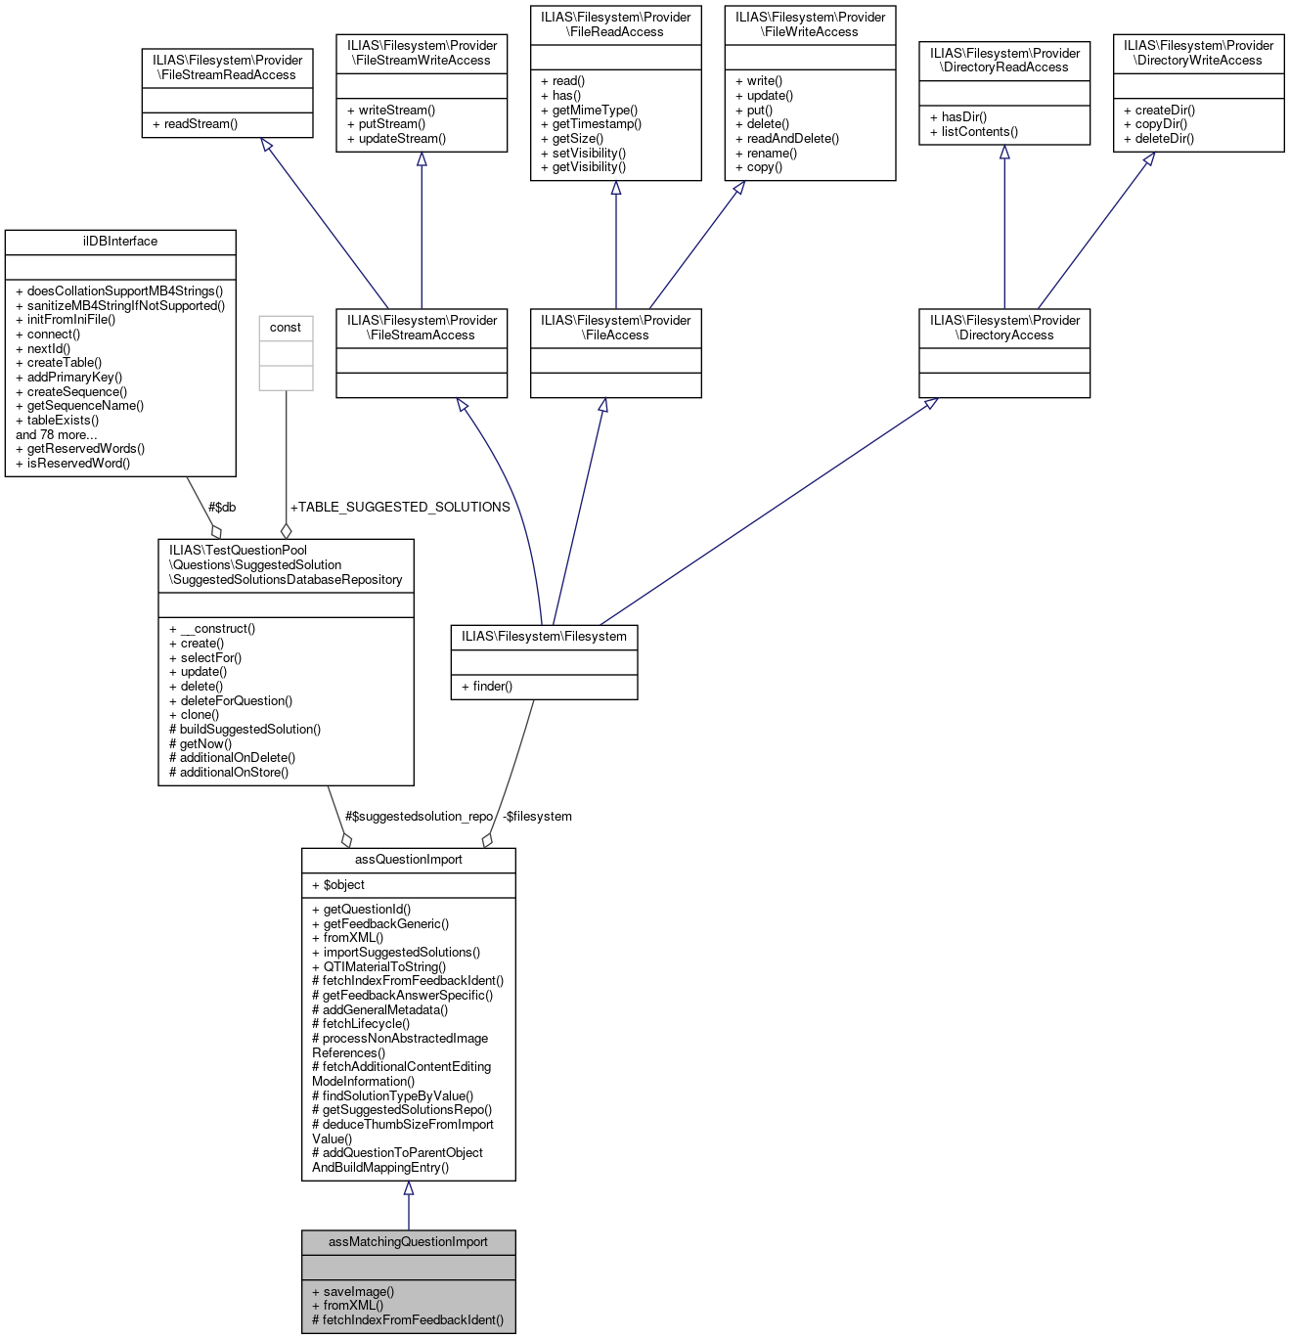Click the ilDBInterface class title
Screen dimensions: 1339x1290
point(120,242)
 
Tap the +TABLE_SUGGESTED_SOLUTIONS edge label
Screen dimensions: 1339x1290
point(400,507)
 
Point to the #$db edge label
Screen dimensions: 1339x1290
point(222,507)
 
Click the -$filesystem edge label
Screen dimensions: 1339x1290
point(537,816)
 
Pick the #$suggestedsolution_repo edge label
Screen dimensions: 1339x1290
point(419,816)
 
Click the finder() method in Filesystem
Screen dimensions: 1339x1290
point(487,687)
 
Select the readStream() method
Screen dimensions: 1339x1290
point(195,124)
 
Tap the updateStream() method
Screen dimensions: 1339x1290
point(396,139)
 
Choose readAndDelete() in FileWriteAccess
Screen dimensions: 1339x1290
point(787,139)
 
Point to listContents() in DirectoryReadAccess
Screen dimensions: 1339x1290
point(974,132)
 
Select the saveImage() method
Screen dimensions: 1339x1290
point(353,1291)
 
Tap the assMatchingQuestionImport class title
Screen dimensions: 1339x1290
point(408,1242)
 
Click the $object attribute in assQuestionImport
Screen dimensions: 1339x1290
point(338,885)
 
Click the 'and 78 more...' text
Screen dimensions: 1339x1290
point(57,434)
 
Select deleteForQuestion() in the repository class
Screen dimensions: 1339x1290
point(231,700)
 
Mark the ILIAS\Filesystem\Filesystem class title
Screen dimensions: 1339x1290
point(544,637)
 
